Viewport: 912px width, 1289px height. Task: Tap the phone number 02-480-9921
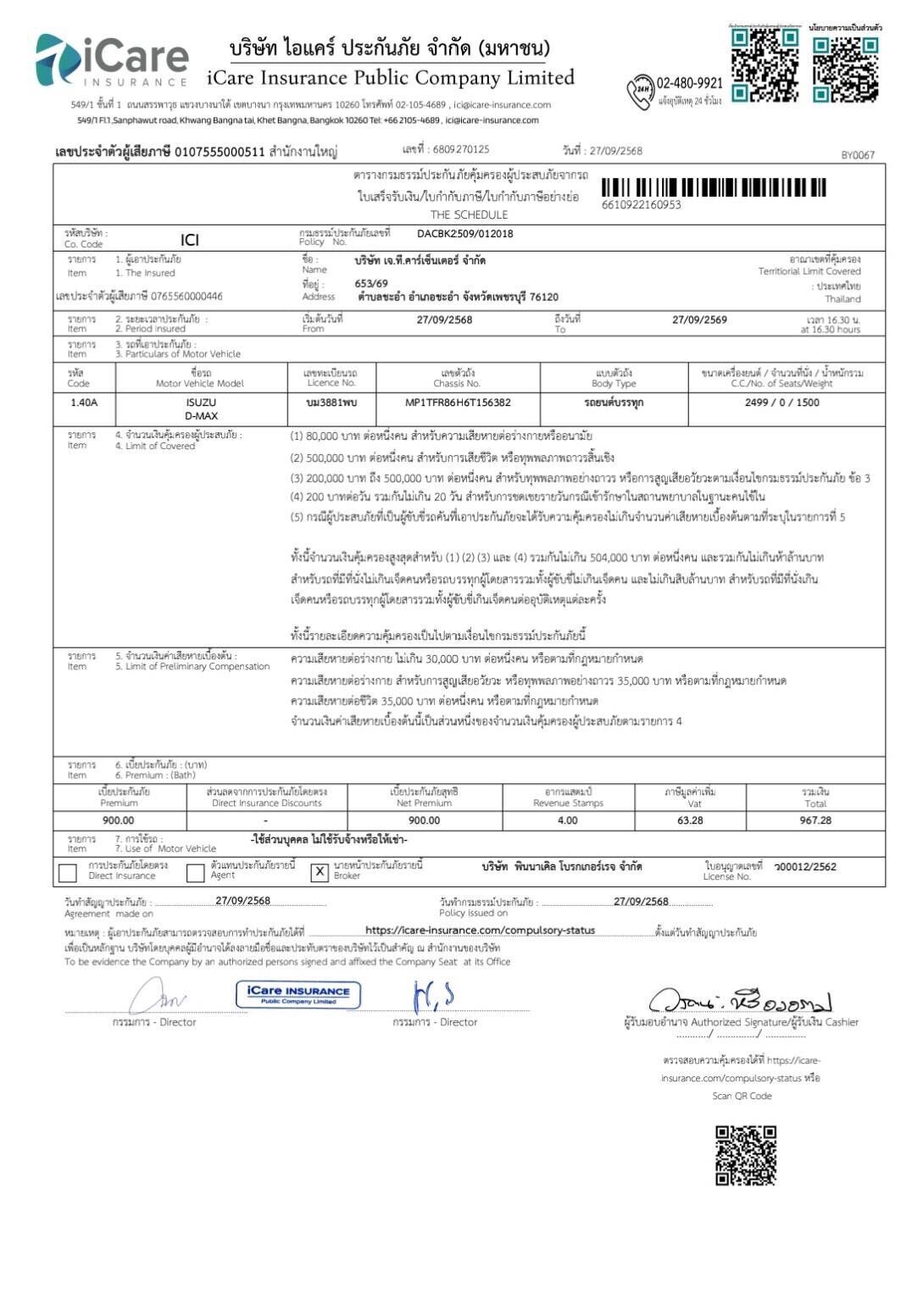tap(689, 83)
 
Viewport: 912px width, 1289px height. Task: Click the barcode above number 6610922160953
tap(714, 187)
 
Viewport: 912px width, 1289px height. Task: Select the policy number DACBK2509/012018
tap(464, 234)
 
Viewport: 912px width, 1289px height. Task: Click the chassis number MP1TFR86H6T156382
tap(458, 403)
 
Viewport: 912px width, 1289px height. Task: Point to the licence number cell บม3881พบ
tap(331, 403)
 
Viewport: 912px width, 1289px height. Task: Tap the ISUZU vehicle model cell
tap(201, 403)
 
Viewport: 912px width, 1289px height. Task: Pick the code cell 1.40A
tap(84, 403)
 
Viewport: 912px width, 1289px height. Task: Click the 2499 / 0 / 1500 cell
tap(781, 403)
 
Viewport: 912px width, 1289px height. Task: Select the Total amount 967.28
tap(815, 820)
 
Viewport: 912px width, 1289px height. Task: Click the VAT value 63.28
tap(690, 820)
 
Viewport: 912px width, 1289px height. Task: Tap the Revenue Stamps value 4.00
tap(567, 820)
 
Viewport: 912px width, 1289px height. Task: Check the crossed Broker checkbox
tap(319, 872)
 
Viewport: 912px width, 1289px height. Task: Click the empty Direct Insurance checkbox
tap(68, 872)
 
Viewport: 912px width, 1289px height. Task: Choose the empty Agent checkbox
tap(196, 872)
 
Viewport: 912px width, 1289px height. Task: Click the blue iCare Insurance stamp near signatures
tap(298, 994)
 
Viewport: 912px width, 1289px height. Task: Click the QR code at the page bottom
tap(745, 1154)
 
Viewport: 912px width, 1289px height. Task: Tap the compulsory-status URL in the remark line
tap(480, 931)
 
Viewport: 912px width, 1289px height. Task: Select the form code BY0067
tap(857, 155)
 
